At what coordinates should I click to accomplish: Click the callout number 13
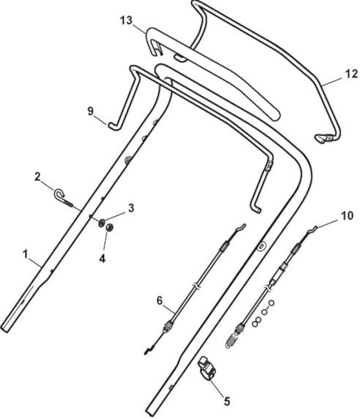point(126,20)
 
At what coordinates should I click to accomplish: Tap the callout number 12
point(351,74)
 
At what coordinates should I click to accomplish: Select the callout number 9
point(91,111)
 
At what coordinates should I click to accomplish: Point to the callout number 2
point(37,177)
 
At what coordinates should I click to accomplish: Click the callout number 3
point(131,208)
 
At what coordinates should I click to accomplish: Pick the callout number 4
point(102,258)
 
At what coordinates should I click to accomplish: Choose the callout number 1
point(25,255)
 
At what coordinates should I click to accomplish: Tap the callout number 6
point(160,301)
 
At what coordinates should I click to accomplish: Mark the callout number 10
point(347,216)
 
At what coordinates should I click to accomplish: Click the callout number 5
point(227,401)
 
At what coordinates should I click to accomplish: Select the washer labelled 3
point(102,223)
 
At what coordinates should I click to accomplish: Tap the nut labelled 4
point(109,227)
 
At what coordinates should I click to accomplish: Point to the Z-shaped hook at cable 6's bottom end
point(149,350)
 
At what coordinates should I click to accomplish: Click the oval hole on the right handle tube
point(261,246)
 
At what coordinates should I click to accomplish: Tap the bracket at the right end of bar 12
point(323,138)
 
